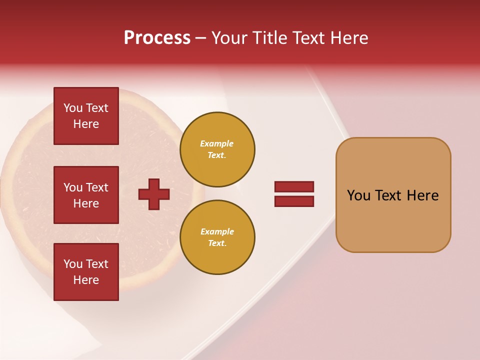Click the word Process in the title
pos(157,38)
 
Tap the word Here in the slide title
pos(348,38)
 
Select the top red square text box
pos(86,116)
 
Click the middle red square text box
pos(86,195)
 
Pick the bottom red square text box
pos(86,272)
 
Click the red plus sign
pos(154,194)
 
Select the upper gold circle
pos(217,149)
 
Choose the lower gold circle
pos(217,237)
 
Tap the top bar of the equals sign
pos(294,187)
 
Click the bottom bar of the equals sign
pos(294,201)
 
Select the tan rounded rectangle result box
pos(393,220)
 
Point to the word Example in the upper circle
pos(216,143)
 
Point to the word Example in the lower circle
pos(217,231)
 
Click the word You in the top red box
pos(73,108)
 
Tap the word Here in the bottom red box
pos(86,280)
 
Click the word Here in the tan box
pos(422,195)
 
